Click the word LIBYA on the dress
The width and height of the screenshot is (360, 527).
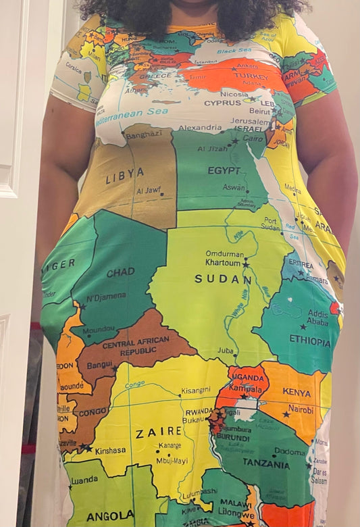click(x=124, y=176)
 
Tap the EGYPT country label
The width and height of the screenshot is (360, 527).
click(x=224, y=170)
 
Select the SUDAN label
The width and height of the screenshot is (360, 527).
click(x=223, y=278)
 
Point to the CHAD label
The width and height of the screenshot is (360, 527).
click(x=120, y=272)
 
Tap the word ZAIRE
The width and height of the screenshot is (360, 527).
click(x=159, y=433)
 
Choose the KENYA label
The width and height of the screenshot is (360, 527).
click(x=297, y=392)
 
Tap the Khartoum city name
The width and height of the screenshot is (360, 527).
click(x=224, y=263)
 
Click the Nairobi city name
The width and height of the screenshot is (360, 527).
click(x=300, y=409)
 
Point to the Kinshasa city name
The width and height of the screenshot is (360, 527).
click(x=110, y=450)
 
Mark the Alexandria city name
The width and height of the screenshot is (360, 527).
click(x=200, y=126)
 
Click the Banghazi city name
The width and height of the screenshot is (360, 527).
click(x=144, y=135)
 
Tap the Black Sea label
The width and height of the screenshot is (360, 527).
click(x=234, y=50)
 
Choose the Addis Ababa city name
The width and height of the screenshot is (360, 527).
click(x=317, y=318)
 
